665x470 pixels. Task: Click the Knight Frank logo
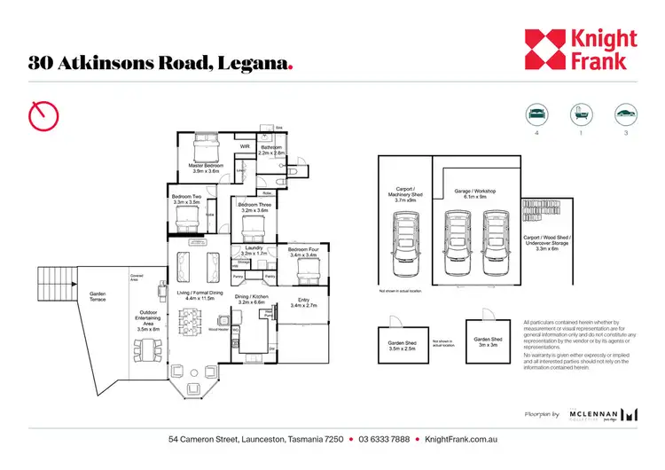click(x=580, y=51)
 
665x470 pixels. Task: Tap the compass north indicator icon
click(x=43, y=114)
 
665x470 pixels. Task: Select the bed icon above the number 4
click(x=536, y=114)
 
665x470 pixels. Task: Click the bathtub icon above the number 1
click(x=580, y=114)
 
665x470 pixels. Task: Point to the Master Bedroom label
click(x=203, y=166)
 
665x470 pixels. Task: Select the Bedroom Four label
click(x=303, y=254)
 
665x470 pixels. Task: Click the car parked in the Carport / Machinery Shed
click(x=403, y=244)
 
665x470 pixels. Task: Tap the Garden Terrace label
click(x=98, y=297)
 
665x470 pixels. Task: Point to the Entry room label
click(x=302, y=303)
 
